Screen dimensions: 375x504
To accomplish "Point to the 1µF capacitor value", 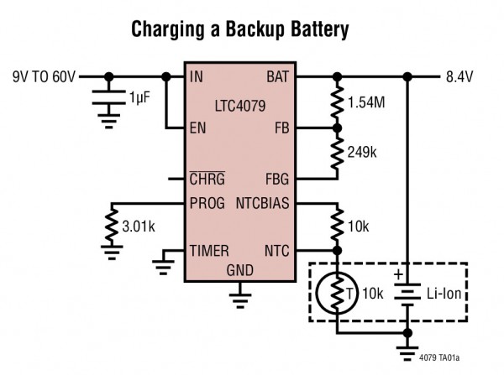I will (x=142, y=100).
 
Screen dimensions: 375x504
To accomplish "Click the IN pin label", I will (x=197, y=78).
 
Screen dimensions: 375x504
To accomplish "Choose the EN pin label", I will (x=198, y=128).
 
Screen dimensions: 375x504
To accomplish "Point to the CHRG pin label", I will (x=207, y=179).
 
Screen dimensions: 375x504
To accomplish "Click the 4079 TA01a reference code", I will (x=461, y=357).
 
